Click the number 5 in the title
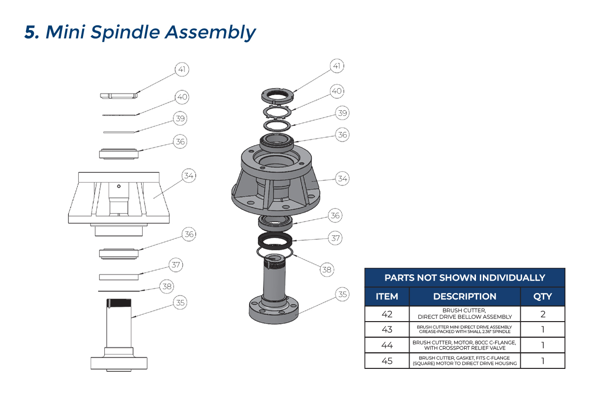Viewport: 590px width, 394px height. (31, 32)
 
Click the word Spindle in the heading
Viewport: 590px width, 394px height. (125, 33)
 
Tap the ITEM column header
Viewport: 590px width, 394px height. (387, 296)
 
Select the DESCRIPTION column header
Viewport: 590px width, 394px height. (465, 296)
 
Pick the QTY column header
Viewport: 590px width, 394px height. (543, 296)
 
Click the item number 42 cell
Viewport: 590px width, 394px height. (387, 314)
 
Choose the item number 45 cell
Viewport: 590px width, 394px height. (387, 361)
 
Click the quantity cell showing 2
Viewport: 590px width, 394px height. (543, 314)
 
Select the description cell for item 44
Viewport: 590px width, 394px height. (465, 345)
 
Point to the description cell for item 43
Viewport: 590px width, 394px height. (465, 329)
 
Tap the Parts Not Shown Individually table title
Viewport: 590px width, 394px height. (465, 278)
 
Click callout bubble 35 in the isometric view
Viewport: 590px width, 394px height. (342, 295)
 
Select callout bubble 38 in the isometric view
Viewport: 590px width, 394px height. (326, 269)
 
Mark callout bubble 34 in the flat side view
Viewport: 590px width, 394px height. (189, 175)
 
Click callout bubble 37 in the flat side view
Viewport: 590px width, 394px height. (176, 264)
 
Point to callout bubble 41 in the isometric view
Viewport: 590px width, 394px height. (337, 66)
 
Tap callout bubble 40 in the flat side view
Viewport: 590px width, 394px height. (182, 97)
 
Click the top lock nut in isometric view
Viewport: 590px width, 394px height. (277, 94)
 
